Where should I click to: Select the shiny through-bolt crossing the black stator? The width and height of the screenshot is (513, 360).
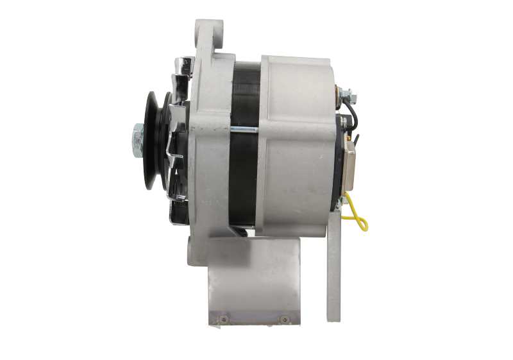pyautogui.click(x=244, y=132)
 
